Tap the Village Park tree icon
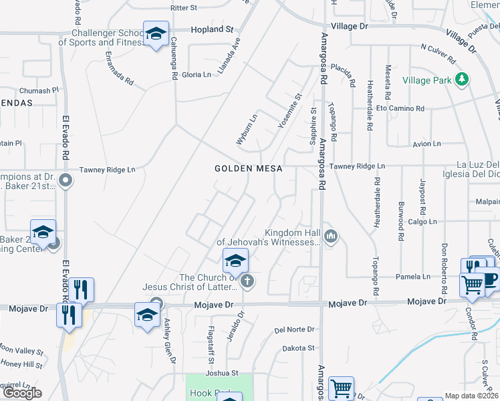(461, 80)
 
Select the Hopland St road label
(212, 30)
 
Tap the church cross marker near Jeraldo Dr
(247, 281)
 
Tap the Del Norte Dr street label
(294, 330)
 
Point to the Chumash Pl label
(39, 90)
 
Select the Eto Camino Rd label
(400, 108)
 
